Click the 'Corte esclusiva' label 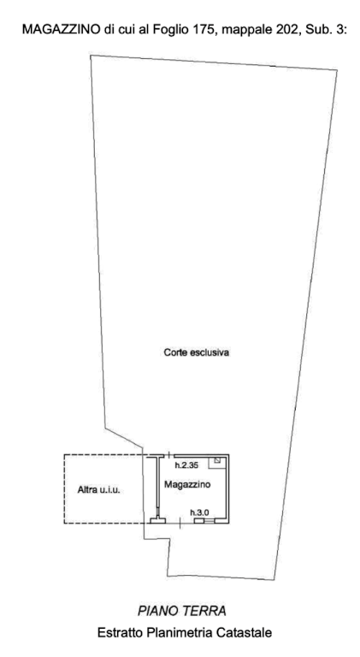[x=197, y=352]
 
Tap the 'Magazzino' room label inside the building [x=187, y=485]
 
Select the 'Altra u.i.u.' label [x=99, y=489]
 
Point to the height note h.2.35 [x=186, y=465]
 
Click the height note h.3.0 [x=199, y=512]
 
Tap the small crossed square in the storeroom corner [x=217, y=460]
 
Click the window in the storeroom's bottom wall [x=204, y=521]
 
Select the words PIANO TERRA [x=181, y=611]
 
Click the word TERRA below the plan [x=204, y=611]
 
